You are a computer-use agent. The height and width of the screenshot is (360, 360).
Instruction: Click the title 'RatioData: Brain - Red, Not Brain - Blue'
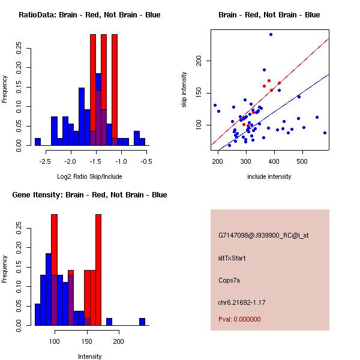89,15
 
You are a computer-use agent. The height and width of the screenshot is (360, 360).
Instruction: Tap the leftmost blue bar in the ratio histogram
37,142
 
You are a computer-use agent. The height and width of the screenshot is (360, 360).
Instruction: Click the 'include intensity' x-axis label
269,177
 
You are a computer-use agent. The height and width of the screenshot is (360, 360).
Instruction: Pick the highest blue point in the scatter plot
271,35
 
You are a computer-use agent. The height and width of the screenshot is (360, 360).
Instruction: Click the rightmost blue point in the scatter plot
325,133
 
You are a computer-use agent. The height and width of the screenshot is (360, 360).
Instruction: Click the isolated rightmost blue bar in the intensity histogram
142,322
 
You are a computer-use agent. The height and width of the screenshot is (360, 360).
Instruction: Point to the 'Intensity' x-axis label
90,356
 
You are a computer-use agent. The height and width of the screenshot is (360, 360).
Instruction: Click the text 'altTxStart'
232,258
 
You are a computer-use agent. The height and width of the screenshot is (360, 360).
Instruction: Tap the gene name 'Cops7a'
229,280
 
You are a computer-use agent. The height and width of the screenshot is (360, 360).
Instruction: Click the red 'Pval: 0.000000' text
239,319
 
